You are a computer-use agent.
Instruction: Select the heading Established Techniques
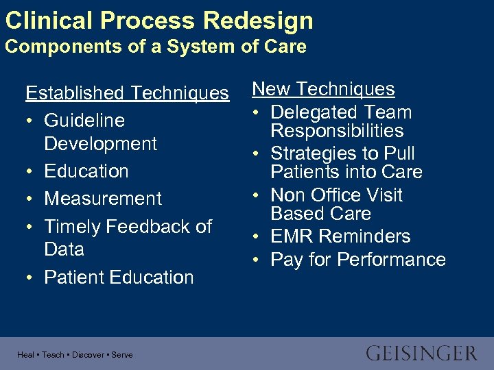point(127,93)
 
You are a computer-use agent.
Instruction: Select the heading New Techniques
point(323,89)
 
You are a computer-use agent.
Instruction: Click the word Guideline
point(84,121)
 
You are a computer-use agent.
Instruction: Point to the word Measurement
point(103,199)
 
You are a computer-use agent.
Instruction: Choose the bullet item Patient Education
point(119,277)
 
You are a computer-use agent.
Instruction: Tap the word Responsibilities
point(337,131)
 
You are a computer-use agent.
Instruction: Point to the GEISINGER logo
point(421,354)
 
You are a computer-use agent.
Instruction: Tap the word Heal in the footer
point(26,355)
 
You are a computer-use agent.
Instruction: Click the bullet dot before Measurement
point(30,199)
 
